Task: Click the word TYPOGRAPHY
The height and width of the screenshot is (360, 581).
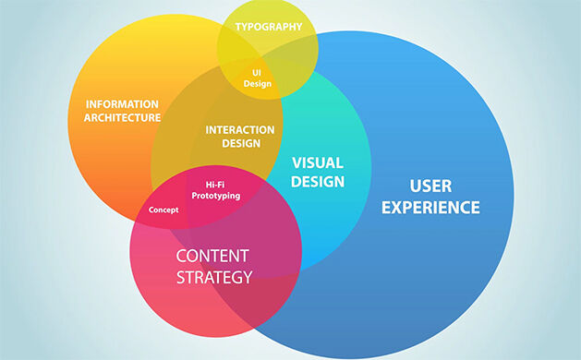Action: click(268, 27)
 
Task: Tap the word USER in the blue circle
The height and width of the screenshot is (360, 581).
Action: click(431, 185)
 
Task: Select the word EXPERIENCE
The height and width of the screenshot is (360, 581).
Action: click(431, 208)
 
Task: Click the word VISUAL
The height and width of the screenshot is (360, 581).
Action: click(318, 162)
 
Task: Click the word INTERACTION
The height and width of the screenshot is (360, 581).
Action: click(239, 129)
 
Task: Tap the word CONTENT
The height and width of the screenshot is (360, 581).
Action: click(212, 255)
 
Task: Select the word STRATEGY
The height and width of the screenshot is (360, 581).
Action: click(212, 277)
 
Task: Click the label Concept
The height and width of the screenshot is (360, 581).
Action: click(163, 210)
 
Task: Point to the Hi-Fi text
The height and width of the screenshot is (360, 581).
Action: click(216, 185)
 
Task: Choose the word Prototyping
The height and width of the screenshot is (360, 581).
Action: click(216, 196)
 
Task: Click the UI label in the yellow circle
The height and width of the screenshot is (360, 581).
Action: click(258, 71)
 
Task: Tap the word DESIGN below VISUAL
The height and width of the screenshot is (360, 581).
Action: click(318, 182)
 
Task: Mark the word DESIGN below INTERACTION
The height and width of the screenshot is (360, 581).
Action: click(239, 143)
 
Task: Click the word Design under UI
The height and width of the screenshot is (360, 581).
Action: click(258, 83)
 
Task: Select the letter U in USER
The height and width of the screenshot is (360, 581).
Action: click(412, 185)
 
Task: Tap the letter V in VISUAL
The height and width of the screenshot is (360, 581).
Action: click(297, 162)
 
